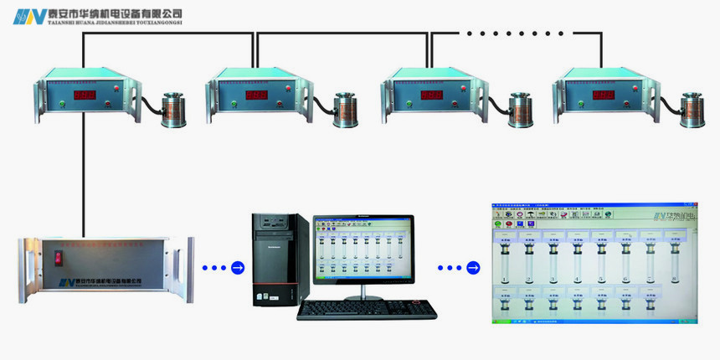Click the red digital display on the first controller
click(85, 95)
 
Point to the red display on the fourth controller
click(604, 95)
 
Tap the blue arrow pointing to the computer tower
click(238, 268)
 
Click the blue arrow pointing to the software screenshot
click(473, 268)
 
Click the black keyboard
click(367, 309)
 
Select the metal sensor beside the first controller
click(173, 108)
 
